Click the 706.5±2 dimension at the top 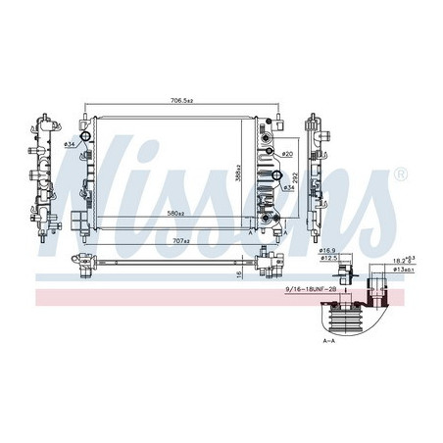pyautogui.click(x=182, y=100)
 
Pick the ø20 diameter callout pyautogui.click(x=288, y=155)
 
